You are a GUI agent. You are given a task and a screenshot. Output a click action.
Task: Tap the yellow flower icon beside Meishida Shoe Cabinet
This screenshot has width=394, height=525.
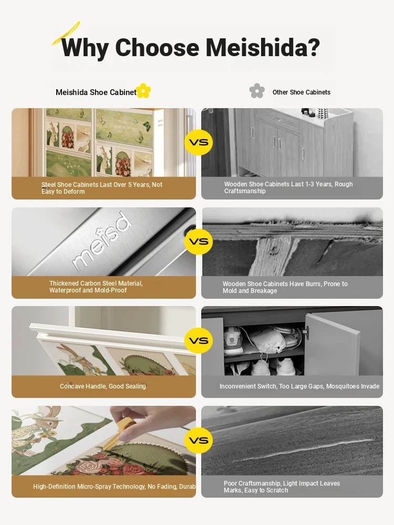point(143,91)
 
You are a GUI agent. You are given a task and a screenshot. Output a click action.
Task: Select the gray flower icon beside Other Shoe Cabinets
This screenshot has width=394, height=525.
point(257,91)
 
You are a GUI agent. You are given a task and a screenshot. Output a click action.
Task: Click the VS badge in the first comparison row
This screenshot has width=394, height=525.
point(199,142)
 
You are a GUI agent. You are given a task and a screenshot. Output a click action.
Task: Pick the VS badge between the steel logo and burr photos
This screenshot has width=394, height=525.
point(199,241)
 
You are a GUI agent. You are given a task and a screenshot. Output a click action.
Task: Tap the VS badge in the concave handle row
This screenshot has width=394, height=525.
point(199,341)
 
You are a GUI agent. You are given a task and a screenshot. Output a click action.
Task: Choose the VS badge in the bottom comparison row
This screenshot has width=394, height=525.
point(199,440)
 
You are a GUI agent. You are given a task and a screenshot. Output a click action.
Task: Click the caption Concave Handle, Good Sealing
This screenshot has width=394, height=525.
point(103,386)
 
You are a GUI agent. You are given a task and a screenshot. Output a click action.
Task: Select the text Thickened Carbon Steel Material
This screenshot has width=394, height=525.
point(96,283)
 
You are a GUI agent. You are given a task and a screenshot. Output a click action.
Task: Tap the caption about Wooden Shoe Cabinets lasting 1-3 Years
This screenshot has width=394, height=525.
point(288,187)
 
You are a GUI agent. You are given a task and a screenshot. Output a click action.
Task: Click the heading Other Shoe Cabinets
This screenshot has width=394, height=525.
point(302,92)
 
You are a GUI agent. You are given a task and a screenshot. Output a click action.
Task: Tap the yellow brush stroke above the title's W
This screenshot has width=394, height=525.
point(66,34)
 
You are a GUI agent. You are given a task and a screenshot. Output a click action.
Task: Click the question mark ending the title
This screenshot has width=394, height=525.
point(313,47)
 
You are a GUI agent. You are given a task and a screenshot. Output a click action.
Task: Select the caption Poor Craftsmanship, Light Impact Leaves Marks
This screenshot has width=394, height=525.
point(282,487)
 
